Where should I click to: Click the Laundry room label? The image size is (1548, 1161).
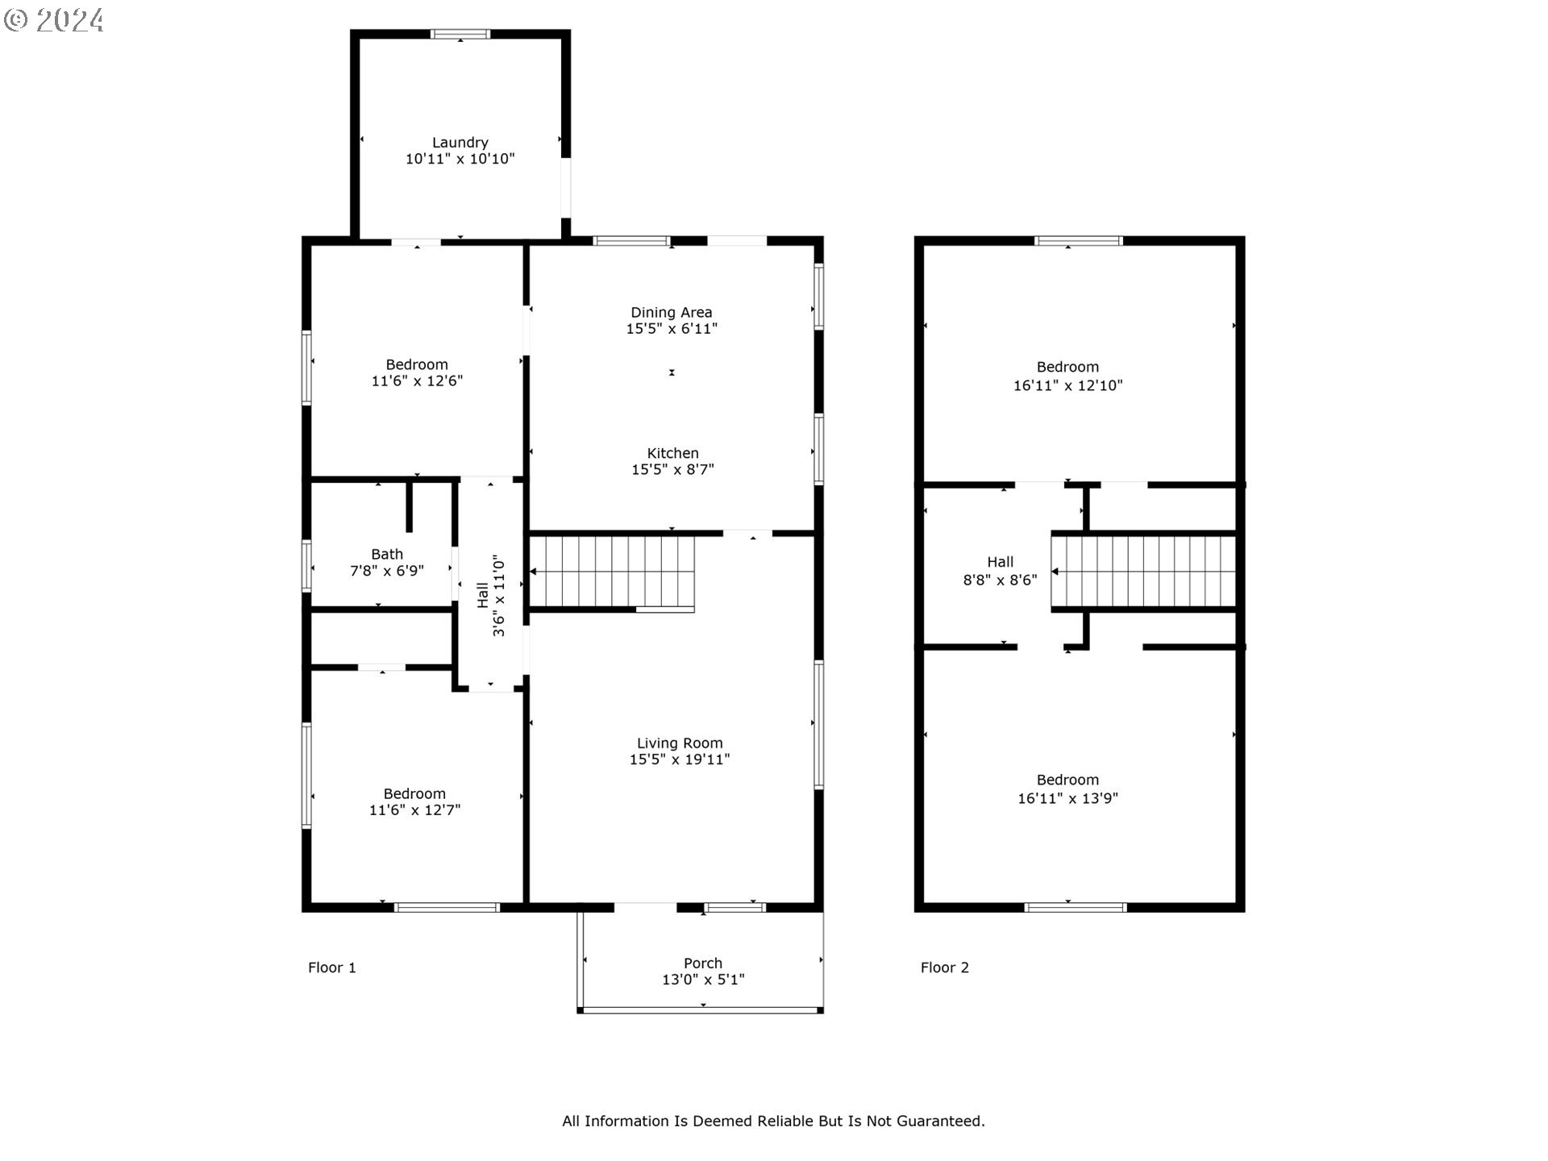[x=460, y=143]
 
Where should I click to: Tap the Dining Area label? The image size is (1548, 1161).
[x=671, y=313]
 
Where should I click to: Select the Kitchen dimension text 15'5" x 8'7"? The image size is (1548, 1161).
[x=672, y=469]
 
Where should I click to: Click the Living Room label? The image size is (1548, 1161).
[x=680, y=743]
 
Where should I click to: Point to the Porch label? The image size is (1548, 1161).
[x=703, y=963]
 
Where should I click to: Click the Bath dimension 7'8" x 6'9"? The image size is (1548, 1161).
[x=387, y=571]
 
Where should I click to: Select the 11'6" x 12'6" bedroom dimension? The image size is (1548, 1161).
[x=417, y=381]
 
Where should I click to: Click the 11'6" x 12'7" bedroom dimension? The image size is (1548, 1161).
[x=414, y=809]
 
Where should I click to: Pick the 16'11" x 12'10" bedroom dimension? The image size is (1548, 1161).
[x=1067, y=385]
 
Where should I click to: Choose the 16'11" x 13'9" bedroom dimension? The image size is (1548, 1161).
[x=1067, y=798]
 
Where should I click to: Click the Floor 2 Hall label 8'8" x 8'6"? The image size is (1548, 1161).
[x=1001, y=571]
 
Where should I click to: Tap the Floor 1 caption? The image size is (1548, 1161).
[x=332, y=967]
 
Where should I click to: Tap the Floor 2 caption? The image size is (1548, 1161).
[x=945, y=967]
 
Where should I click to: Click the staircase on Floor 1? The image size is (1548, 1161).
[x=612, y=572]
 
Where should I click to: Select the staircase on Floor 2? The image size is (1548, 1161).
[x=1143, y=572]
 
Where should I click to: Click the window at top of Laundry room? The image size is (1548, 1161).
[x=460, y=34]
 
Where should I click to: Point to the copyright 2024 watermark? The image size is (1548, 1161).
[x=53, y=19]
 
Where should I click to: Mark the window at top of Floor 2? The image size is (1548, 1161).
[x=1079, y=240]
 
